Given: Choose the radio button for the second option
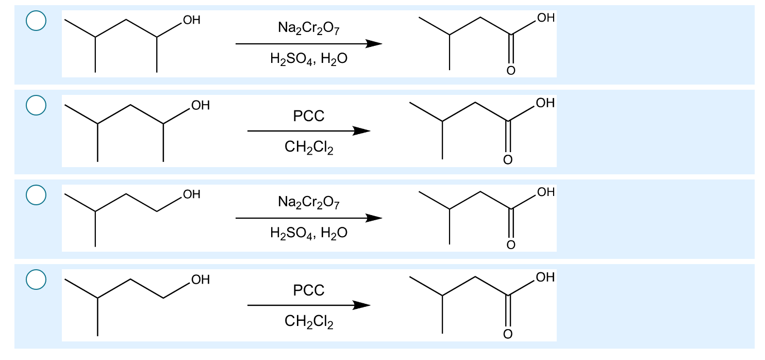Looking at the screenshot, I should [37, 105].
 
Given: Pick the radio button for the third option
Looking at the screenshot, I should [37, 194].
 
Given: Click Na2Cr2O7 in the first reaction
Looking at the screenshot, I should [309, 28].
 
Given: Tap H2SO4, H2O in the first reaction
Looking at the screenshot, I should [309, 59].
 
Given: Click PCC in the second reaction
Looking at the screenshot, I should [309, 117].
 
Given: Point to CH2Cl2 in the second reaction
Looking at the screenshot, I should [309, 149].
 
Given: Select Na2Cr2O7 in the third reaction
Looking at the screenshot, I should [309, 203].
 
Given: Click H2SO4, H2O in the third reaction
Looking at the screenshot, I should [309, 234].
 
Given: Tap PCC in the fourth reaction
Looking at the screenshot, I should [309, 291].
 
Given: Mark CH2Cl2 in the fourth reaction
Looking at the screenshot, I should [309, 323].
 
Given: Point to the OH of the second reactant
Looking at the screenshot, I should [200, 106].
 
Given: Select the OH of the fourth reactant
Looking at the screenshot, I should [200, 280].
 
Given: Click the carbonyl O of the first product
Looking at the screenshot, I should [510, 71].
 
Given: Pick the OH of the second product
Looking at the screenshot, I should [545, 103].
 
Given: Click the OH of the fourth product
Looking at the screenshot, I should [545, 277].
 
